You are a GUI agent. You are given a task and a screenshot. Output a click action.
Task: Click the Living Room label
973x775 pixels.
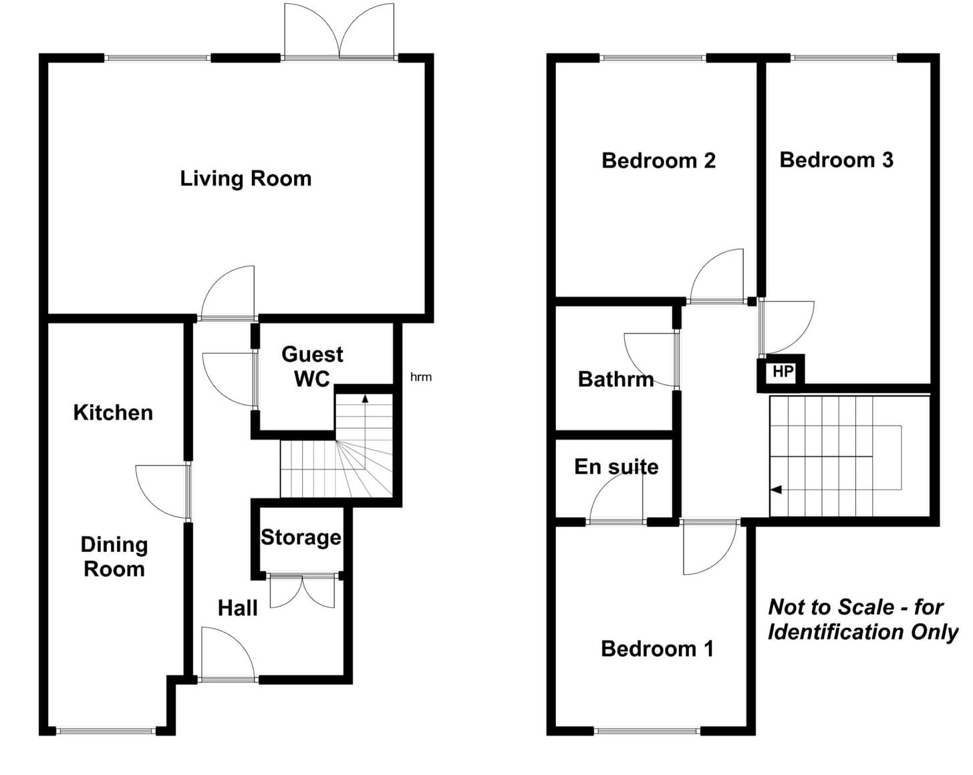[245, 179]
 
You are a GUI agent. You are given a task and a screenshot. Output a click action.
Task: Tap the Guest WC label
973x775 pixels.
[312, 367]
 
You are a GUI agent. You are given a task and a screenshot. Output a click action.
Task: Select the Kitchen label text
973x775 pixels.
[113, 413]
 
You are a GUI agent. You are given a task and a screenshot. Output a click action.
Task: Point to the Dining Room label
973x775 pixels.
[114, 557]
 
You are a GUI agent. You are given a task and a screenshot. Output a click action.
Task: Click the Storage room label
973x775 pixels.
[301, 538]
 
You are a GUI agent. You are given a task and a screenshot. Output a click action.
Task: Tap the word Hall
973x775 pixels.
[238, 609]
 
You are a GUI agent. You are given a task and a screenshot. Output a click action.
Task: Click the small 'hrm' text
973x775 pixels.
[421, 377]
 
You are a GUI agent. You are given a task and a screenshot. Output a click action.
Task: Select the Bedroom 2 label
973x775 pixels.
[658, 161]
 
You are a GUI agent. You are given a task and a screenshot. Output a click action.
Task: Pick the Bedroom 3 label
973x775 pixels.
[837, 160]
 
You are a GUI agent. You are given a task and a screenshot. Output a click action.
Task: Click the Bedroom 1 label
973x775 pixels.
[657, 649]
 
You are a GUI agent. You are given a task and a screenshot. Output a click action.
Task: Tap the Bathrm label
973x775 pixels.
[616, 379]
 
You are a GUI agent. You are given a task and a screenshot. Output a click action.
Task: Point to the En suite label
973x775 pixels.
[616, 467]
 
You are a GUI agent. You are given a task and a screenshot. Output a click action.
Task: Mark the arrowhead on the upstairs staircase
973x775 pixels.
[776, 490]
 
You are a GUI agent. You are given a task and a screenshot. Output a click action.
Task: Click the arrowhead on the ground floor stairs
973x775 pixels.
[365, 398]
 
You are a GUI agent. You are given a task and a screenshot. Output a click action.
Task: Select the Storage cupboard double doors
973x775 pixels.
[302, 591]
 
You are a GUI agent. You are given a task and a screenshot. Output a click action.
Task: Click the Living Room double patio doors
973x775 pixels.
[339, 31]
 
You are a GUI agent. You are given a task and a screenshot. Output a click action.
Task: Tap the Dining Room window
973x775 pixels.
[106, 731]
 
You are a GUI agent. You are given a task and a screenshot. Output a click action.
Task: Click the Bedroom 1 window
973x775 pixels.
[647, 731]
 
